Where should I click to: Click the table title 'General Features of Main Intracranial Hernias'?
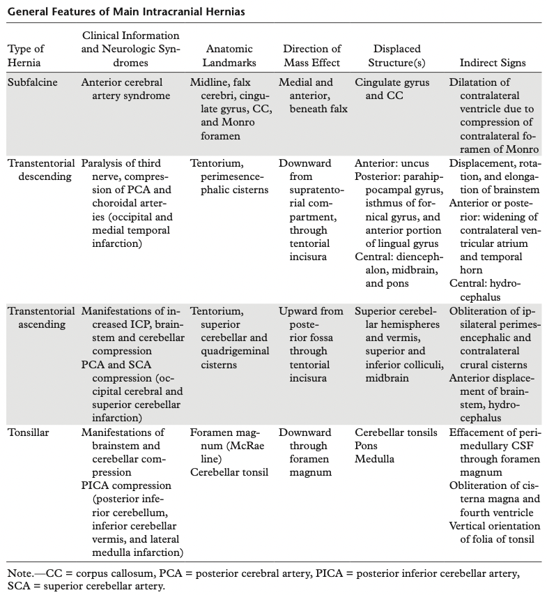[x=125, y=12]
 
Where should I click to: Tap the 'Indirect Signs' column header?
[x=493, y=63]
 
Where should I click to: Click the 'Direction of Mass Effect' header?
[x=311, y=56]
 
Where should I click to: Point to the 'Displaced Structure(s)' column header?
[x=397, y=56]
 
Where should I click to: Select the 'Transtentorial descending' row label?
[x=40, y=170]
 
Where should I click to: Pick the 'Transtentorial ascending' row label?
[x=40, y=317]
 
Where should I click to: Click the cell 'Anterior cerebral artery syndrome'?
[x=125, y=89]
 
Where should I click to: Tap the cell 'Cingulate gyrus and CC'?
[x=392, y=89]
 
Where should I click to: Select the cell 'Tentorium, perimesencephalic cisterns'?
[x=229, y=176]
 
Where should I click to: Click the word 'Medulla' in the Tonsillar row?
[x=374, y=458]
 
